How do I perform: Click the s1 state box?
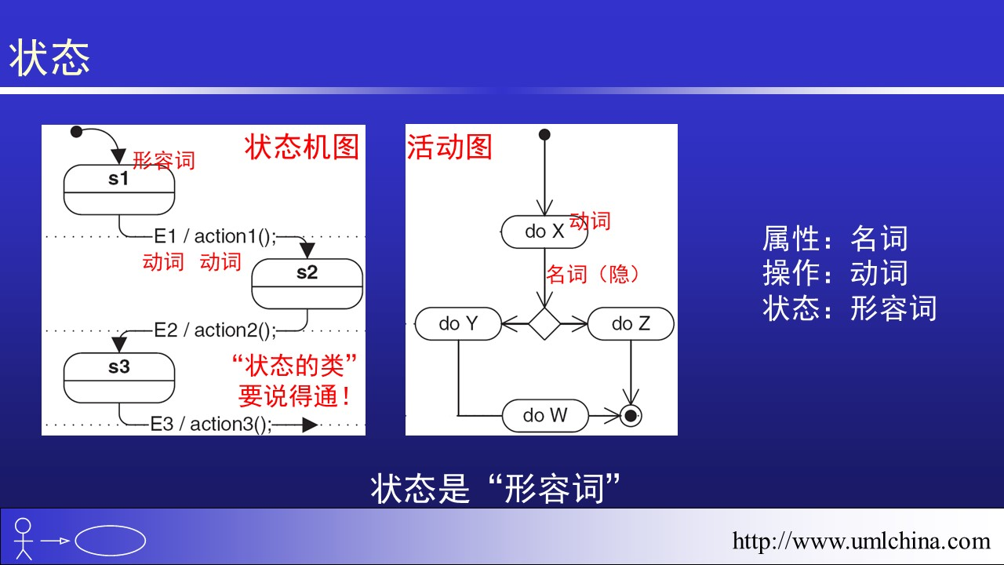(x=118, y=189)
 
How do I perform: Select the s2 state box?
(x=307, y=282)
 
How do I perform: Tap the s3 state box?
(x=118, y=377)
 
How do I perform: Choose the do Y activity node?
(x=458, y=323)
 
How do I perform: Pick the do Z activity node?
(x=631, y=323)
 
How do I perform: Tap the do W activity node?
(x=545, y=415)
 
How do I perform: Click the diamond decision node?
(x=544, y=323)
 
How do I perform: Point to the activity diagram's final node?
(x=630, y=415)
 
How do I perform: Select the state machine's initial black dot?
(x=76, y=132)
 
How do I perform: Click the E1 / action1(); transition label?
(x=214, y=236)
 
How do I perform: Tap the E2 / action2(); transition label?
(x=214, y=330)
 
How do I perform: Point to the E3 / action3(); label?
(x=211, y=425)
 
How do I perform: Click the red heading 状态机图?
(x=302, y=147)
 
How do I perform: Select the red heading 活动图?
(x=449, y=147)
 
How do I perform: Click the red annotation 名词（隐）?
(x=593, y=274)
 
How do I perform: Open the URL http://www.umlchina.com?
(x=861, y=541)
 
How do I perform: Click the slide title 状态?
(x=49, y=58)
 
